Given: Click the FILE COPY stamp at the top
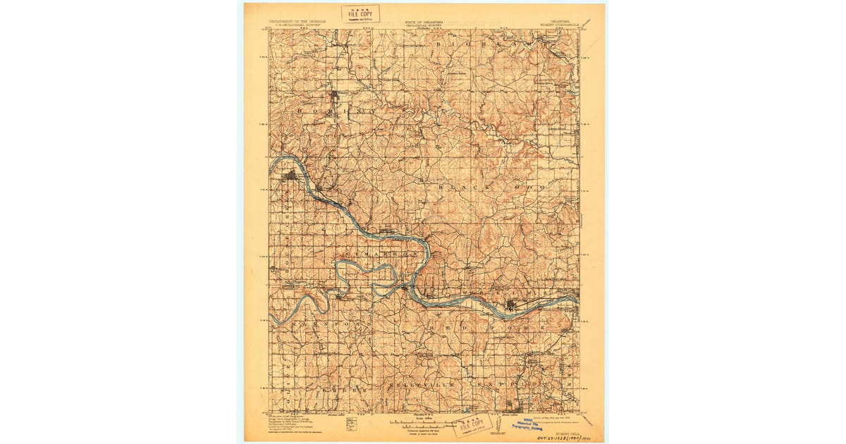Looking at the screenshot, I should coord(360,13).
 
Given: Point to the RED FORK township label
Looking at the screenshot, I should coord(501,328).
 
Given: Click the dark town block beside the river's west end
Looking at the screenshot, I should coord(290,175).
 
